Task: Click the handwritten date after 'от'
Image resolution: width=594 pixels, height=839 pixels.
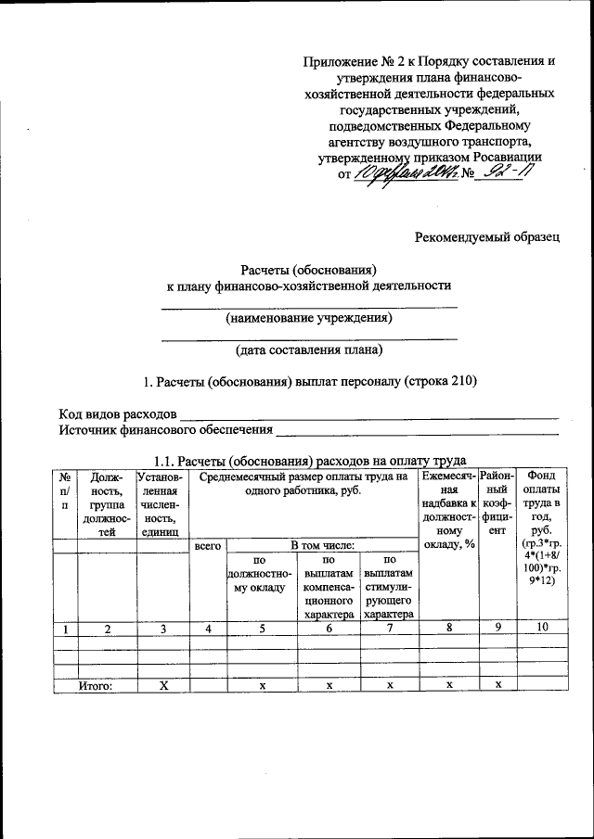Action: (407, 173)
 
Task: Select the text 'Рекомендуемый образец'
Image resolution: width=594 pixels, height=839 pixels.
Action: (486, 236)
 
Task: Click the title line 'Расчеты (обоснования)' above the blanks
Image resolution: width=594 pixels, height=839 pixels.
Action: (308, 269)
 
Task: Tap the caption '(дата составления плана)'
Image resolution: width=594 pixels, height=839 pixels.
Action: (309, 350)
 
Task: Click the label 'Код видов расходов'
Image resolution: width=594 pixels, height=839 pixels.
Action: (117, 413)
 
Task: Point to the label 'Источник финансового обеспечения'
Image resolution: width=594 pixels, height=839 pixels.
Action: (166, 429)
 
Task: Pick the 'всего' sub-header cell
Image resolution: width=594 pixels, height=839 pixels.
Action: (208, 546)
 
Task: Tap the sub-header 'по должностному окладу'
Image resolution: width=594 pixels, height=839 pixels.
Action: (261, 575)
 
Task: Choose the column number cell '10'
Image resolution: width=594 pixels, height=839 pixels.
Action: (542, 629)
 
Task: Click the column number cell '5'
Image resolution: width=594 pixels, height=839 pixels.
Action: (262, 629)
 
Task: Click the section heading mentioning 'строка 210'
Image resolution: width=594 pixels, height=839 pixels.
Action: (309, 381)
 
